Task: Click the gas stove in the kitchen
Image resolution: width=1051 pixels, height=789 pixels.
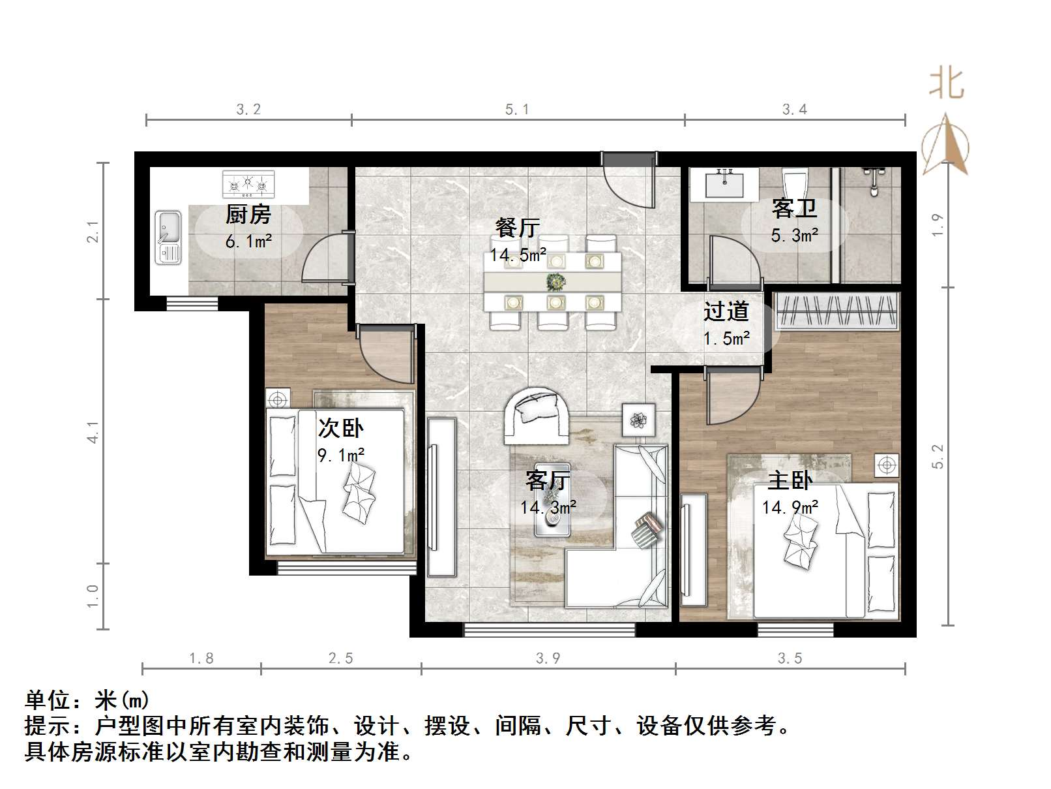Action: (248, 184)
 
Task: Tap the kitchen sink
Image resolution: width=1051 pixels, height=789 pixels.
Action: (168, 237)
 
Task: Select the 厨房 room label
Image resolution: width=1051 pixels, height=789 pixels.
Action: (248, 214)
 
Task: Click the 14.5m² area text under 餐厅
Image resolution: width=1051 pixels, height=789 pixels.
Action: (518, 255)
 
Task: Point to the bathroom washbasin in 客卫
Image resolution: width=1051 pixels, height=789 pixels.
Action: (724, 183)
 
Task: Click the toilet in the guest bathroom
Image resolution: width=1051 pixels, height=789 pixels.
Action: (794, 183)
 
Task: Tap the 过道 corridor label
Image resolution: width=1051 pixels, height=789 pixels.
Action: (726, 311)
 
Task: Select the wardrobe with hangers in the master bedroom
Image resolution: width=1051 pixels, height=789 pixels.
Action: (836, 311)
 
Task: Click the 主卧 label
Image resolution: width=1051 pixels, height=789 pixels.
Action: (790, 481)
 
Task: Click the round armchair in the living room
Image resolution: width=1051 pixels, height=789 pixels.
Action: (538, 413)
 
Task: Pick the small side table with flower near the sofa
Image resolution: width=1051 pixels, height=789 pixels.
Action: (638, 420)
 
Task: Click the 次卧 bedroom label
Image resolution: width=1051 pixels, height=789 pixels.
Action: (340, 428)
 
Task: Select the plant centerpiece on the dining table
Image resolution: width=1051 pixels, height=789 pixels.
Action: (555, 282)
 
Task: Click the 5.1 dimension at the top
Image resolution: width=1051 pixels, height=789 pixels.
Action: (517, 110)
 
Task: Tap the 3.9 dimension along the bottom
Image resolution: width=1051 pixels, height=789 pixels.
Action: (548, 658)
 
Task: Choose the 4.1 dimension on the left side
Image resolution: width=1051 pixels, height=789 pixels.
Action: (94, 431)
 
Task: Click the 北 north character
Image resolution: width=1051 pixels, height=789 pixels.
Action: (946, 85)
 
